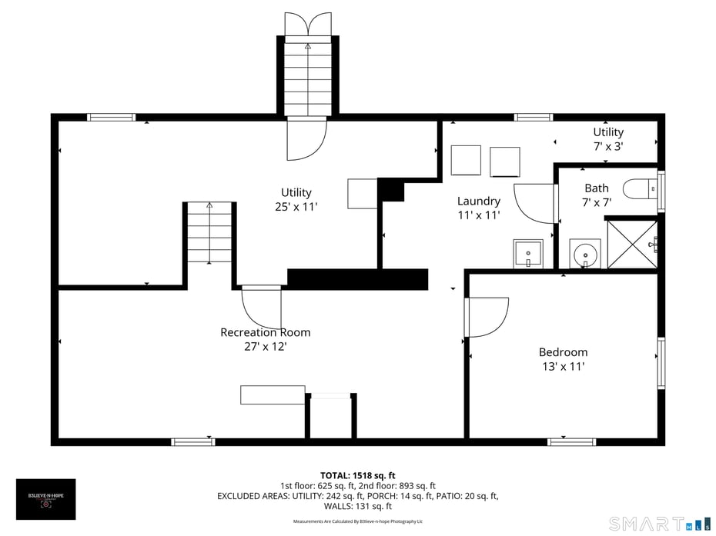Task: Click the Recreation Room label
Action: tap(265, 332)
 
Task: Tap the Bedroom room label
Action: tap(563, 352)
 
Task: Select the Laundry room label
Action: tap(478, 201)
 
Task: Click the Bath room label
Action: tap(596, 188)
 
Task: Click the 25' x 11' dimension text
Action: tap(296, 206)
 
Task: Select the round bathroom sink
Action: tap(585, 253)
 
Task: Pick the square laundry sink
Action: tap(528, 253)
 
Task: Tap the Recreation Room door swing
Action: tap(262, 308)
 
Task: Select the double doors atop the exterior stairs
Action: tap(307, 24)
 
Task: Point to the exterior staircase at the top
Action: tap(307, 77)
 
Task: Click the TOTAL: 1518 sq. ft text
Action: tap(357, 475)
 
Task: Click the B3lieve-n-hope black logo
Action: tap(46, 499)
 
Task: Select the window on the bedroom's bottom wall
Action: tap(571, 441)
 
